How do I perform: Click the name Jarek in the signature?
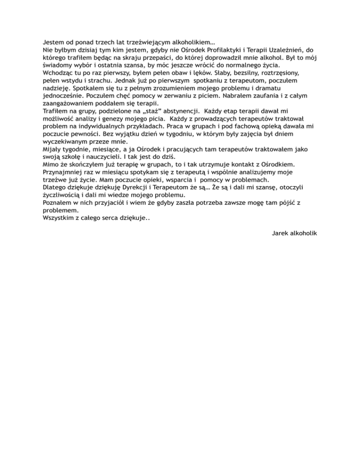click(281, 233)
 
